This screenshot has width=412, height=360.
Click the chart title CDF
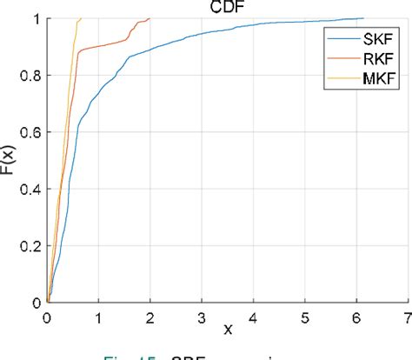coord(228,8)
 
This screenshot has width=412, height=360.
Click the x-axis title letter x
coord(228,330)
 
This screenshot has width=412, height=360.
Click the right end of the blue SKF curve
coord(363,18)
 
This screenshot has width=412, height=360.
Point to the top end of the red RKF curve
coord(150,18)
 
